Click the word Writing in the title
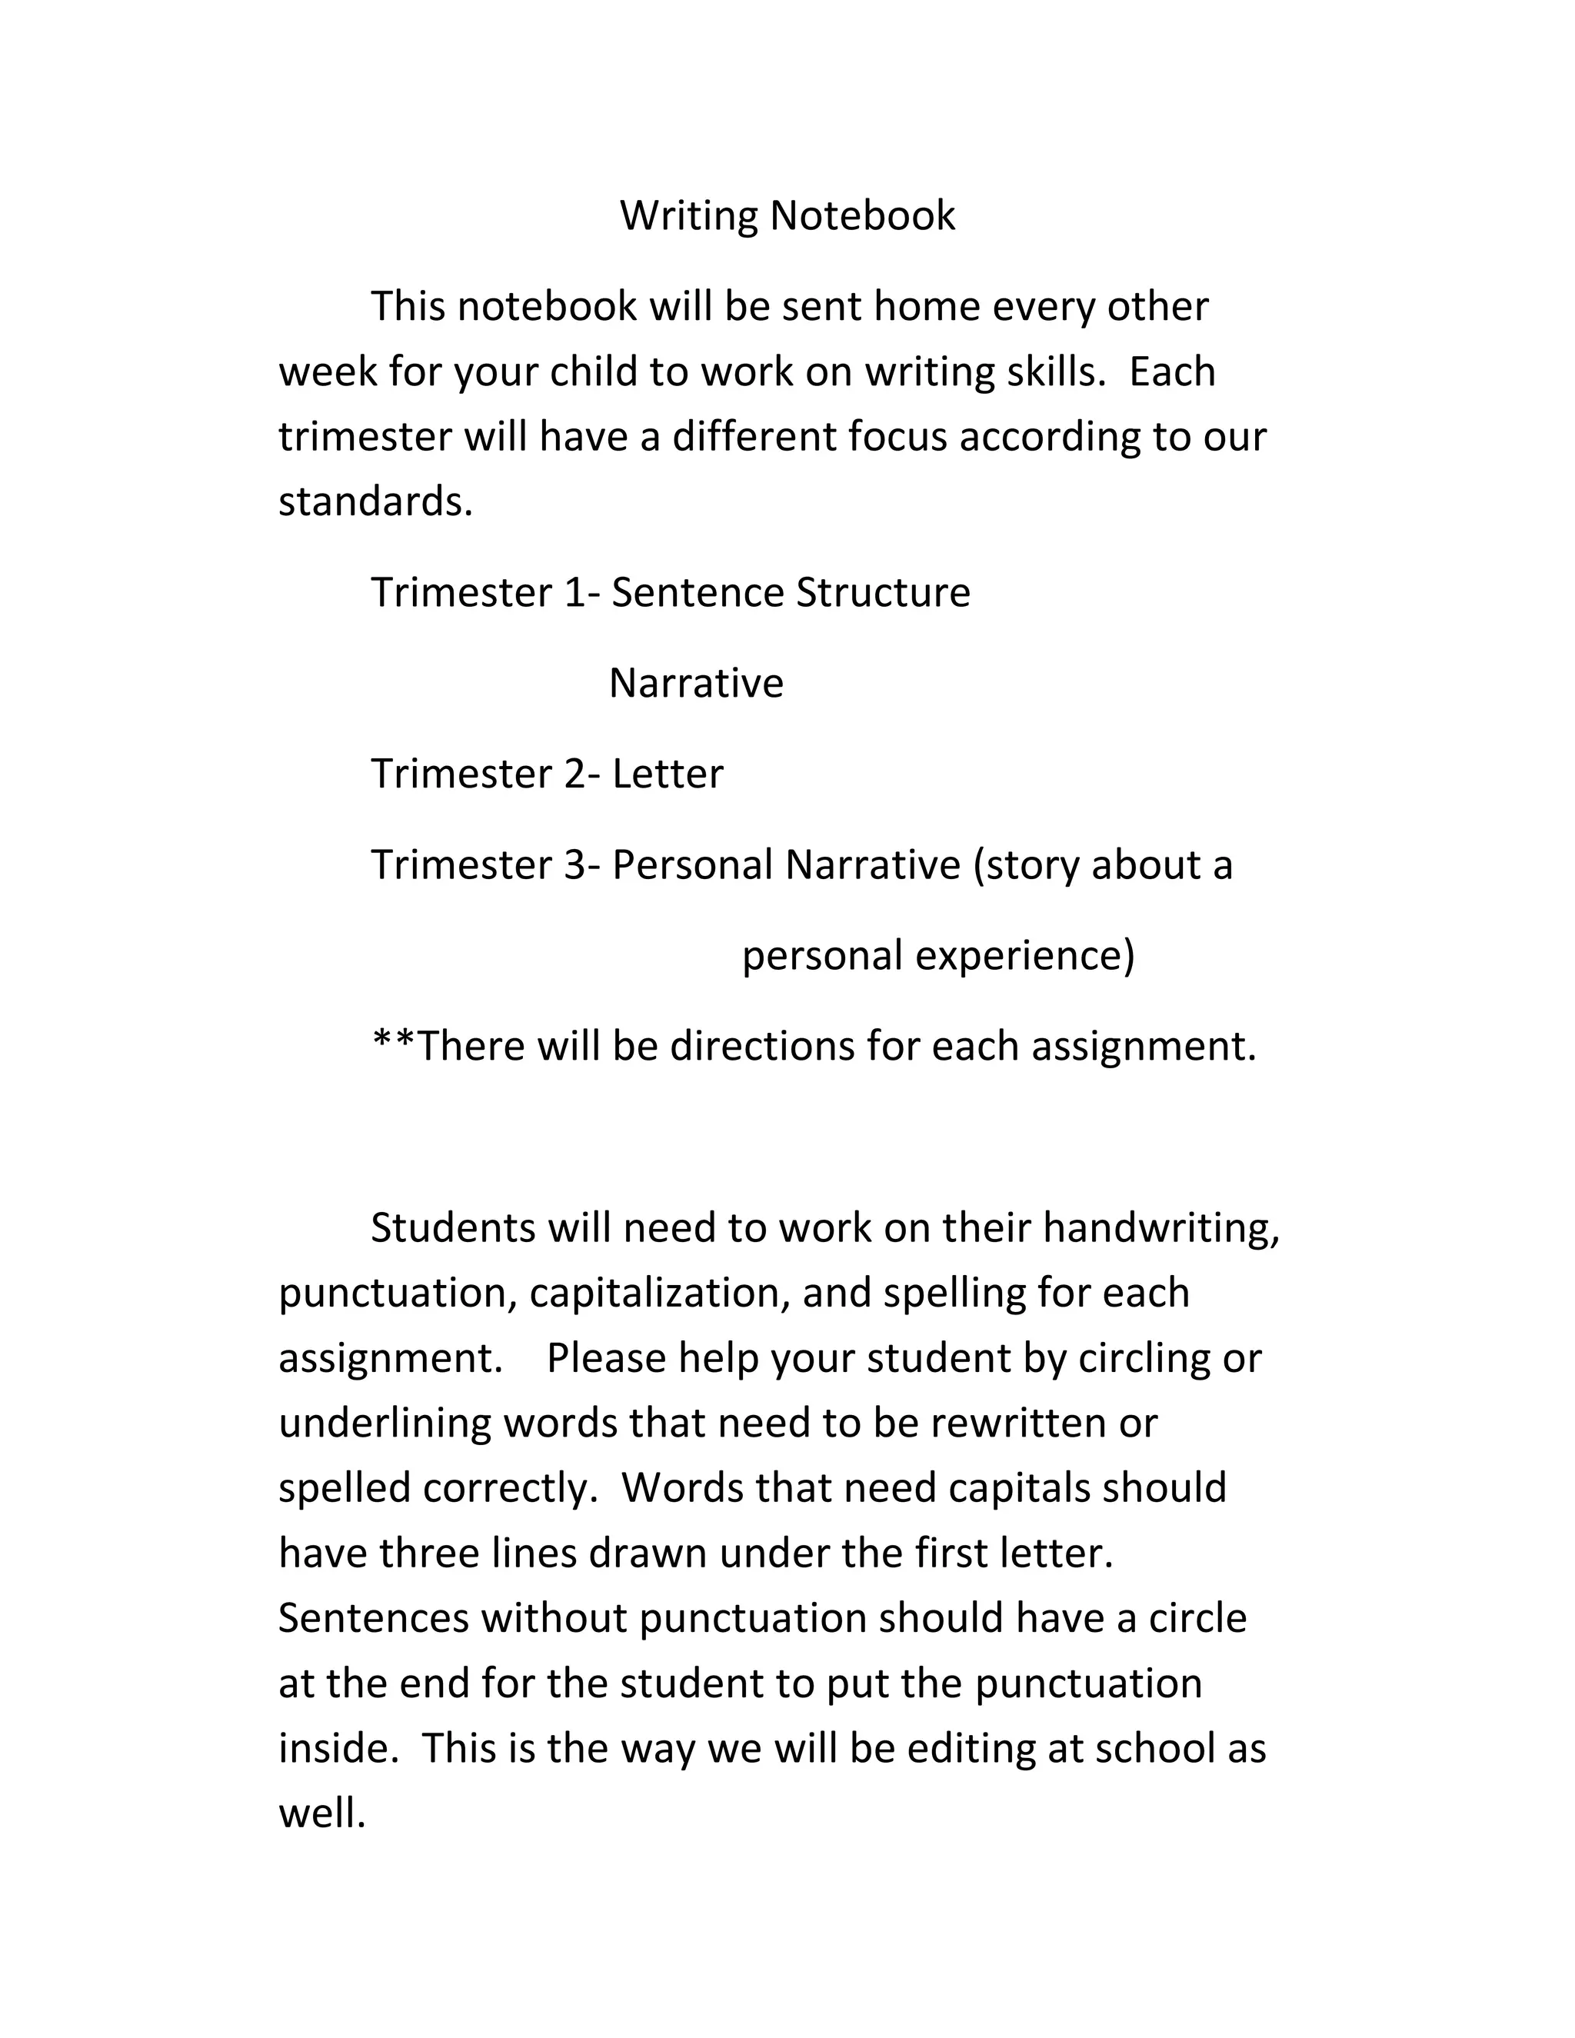[688, 217]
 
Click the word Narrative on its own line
[696, 684]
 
